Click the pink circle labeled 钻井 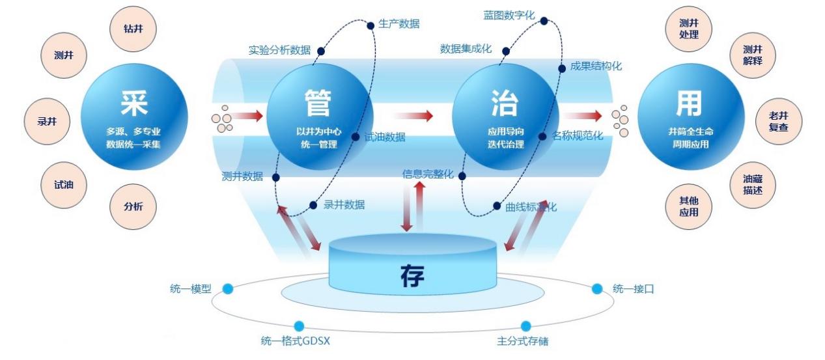click(133, 29)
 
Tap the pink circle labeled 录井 click(46, 121)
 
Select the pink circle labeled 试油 click(64, 185)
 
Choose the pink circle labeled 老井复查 click(778, 121)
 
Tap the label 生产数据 click(399, 24)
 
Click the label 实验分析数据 click(279, 50)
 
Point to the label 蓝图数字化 click(510, 14)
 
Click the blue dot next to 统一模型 click(228, 288)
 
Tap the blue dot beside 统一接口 click(597, 288)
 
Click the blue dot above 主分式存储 click(525, 326)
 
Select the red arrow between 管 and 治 click(413, 116)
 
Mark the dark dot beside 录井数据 click(313, 205)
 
